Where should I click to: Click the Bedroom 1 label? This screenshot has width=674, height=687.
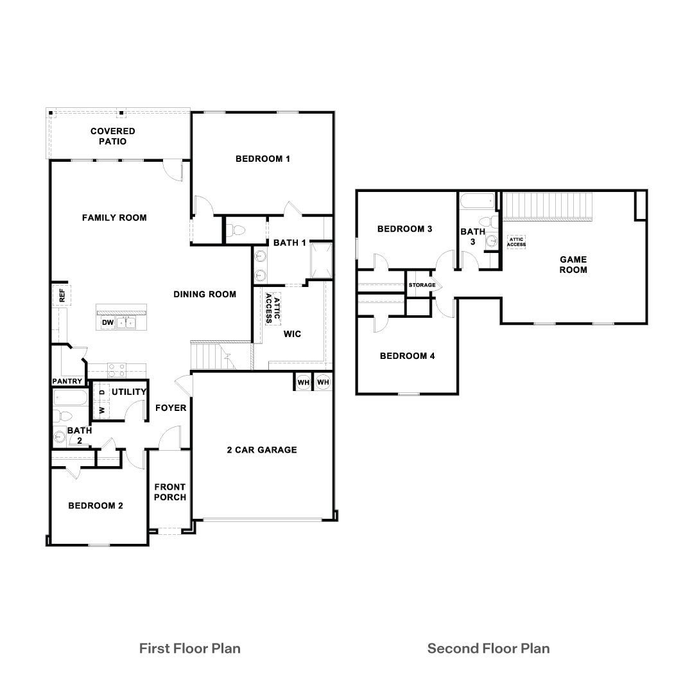[263, 159]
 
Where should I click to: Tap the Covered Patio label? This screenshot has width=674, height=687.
[113, 136]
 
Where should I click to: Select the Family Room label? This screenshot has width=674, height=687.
[114, 218]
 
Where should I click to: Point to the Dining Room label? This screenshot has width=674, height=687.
[205, 295]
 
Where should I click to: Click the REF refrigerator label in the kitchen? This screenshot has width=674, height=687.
[62, 295]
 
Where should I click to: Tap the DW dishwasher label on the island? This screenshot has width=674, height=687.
[107, 322]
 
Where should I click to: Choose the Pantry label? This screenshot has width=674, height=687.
[67, 381]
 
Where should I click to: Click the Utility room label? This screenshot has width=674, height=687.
[129, 392]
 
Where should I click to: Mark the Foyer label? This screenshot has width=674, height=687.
[171, 408]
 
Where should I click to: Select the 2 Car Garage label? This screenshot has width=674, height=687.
[262, 450]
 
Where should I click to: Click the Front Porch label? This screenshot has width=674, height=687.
[170, 492]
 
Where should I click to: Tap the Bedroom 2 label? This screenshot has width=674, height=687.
[96, 506]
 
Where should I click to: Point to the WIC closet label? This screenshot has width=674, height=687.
[292, 334]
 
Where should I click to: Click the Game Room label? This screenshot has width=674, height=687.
[573, 265]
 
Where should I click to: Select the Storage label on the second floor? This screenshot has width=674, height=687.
[422, 285]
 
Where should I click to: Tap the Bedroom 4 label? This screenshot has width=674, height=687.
[407, 356]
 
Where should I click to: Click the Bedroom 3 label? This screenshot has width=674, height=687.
[404, 229]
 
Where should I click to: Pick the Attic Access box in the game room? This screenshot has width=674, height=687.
[516, 241]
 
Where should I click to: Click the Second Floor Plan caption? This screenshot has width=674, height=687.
[488, 648]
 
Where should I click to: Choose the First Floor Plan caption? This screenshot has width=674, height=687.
[190, 648]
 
